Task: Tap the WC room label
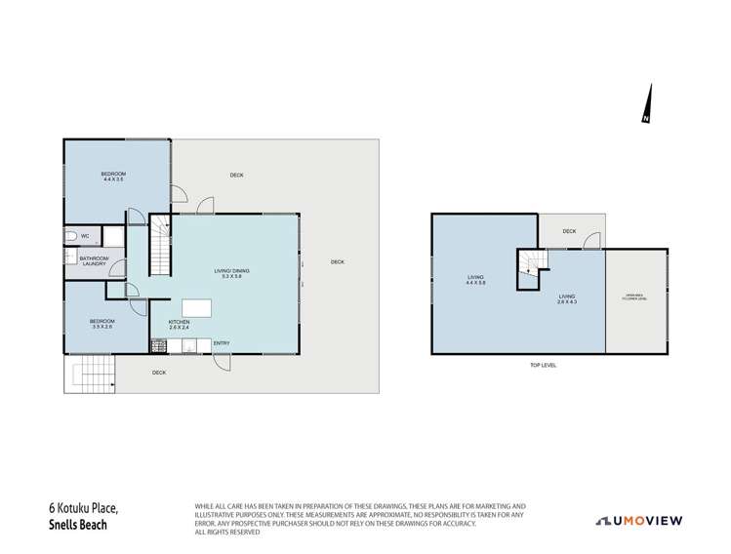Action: pyautogui.click(x=85, y=236)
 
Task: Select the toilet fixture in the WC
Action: pyautogui.click(x=71, y=236)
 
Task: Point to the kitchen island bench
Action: pyautogui.click(x=195, y=308)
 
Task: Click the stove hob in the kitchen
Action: pyautogui.click(x=157, y=344)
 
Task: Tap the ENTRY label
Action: pyautogui.click(x=221, y=342)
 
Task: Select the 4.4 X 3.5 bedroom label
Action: pyautogui.click(x=114, y=177)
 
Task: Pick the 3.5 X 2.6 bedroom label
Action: pyautogui.click(x=102, y=324)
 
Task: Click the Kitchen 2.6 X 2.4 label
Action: pyautogui.click(x=179, y=325)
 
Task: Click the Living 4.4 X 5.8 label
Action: pyautogui.click(x=476, y=280)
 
